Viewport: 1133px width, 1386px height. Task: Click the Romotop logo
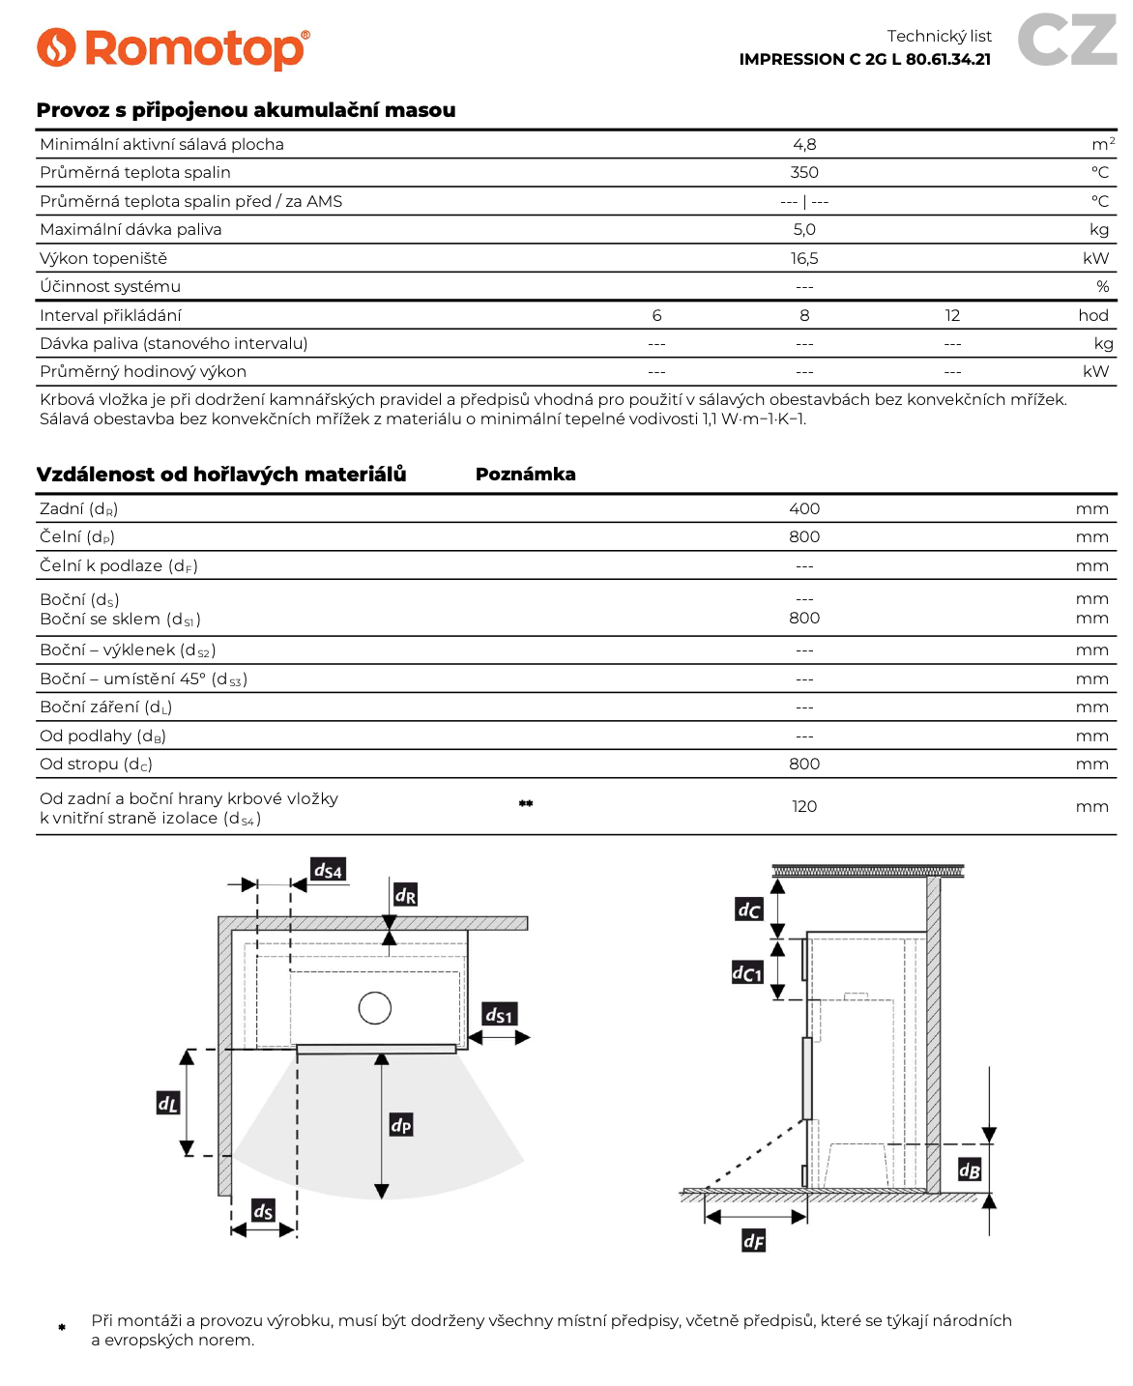[x=173, y=48]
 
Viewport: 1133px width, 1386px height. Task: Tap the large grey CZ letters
[x=1067, y=41]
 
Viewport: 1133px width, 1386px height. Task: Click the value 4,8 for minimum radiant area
[x=804, y=144]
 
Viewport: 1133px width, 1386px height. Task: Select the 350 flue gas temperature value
[x=804, y=172]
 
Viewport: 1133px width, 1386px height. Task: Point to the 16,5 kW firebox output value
[x=804, y=258]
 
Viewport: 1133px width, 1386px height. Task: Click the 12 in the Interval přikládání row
[x=952, y=315]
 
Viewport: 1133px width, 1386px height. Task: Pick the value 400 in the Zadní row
[x=804, y=508]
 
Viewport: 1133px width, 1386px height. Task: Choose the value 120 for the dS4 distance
[x=804, y=806]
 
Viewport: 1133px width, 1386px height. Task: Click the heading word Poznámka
[x=525, y=474]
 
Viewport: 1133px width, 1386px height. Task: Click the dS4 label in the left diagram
[x=328, y=870]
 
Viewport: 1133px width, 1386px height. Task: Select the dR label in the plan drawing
[x=405, y=895]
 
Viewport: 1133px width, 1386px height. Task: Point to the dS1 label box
[x=499, y=1014]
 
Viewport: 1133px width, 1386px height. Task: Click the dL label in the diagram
[x=168, y=1103]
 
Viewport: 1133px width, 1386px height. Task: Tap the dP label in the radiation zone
[x=401, y=1124]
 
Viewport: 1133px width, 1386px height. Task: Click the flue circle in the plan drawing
[x=375, y=1008]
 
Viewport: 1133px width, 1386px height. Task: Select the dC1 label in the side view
[x=747, y=972]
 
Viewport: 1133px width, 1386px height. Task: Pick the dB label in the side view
[x=970, y=1170]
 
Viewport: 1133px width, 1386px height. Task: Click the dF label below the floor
[x=753, y=1240]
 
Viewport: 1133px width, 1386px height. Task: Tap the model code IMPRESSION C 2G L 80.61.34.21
[x=864, y=59]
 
